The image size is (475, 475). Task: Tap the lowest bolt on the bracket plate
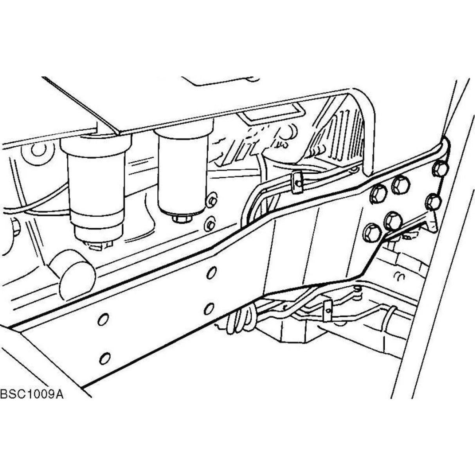[x=371, y=233]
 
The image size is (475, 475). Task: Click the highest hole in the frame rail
[x=211, y=273]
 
